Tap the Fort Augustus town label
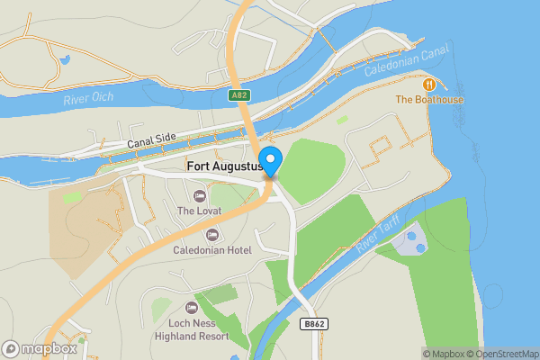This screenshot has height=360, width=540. click(x=224, y=166)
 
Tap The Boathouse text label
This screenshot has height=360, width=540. click(x=430, y=99)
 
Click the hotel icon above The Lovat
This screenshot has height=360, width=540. click(x=199, y=195)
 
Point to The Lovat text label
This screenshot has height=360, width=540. click(x=199, y=211)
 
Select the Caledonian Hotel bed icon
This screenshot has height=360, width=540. click(x=212, y=234)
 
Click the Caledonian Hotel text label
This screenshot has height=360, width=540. click(x=212, y=250)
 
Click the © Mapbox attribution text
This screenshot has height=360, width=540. click(x=445, y=354)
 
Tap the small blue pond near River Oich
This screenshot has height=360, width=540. click(x=64, y=61)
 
